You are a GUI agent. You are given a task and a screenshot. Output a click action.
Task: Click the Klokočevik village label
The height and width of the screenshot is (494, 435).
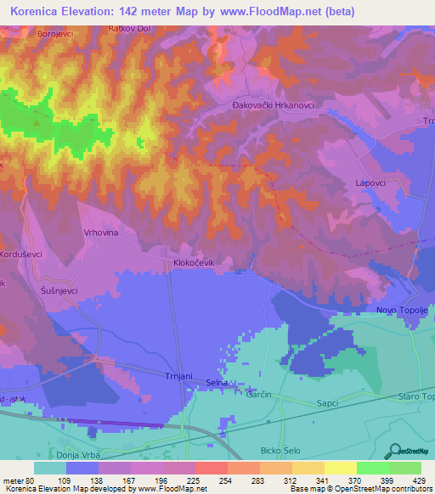[198, 263]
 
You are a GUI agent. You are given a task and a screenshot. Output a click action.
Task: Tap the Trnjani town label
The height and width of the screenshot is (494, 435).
[180, 374]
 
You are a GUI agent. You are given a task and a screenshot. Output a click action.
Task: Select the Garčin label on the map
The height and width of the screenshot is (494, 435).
[258, 395]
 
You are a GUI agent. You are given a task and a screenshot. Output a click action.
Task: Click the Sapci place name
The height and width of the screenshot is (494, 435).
[328, 396]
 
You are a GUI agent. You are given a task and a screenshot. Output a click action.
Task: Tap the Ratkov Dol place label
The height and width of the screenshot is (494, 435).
[129, 28]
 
